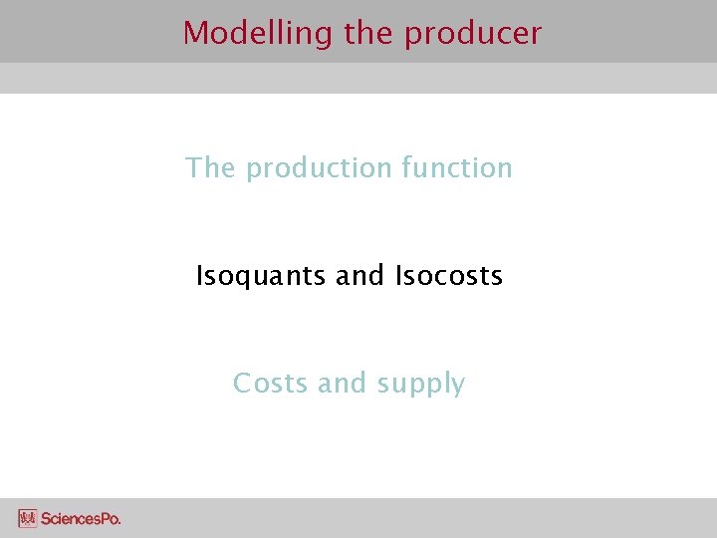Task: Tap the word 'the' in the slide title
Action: tap(369, 33)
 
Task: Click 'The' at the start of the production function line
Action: tap(210, 167)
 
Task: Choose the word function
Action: tap(457, 167)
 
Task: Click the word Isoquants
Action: tap(262, 276)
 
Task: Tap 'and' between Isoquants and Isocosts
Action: tap(359, 275)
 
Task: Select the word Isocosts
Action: tap(449, 275)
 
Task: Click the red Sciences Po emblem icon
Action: tap(27, 518)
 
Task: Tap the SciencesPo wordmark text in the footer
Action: tap(81, 518)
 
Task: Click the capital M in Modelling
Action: tap(195, 33)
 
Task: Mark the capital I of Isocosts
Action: tap(398, 275)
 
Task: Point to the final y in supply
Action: tap(457, 387)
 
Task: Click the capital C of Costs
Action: tap(242, 383)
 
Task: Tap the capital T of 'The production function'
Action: tap(193, 167)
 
